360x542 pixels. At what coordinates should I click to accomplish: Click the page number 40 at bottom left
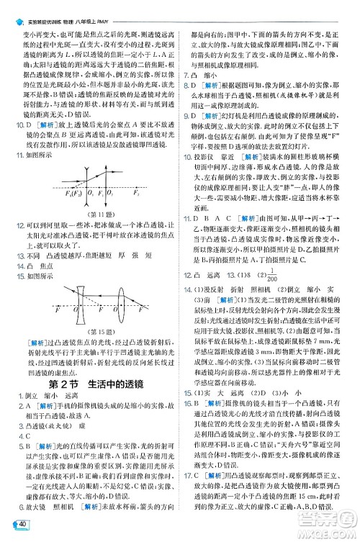click(x=23, y=524)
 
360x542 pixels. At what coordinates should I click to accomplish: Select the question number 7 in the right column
click(x=188, y=75)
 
